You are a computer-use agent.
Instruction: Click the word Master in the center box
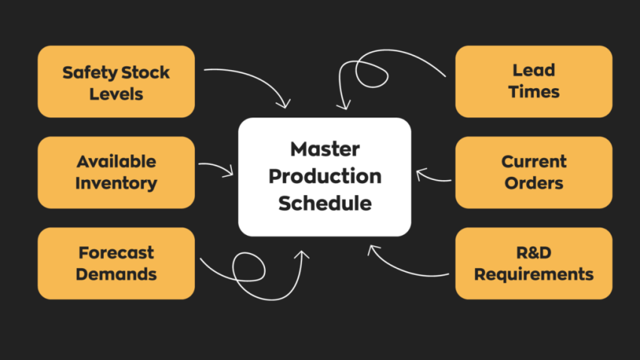tap(325, 148)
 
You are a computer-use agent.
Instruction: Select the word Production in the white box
tap(325, 176)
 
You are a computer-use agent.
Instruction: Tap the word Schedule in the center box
tap(325, 203)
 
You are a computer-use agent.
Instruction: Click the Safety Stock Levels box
tap(116, 82)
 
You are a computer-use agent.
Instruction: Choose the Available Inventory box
tap(116, 172)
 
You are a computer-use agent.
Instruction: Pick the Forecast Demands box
tap(116, 263)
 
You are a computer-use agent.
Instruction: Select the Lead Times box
tap(533, 81)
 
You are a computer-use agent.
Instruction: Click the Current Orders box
tap(533, 172)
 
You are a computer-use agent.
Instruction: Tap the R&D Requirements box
tap(533, 263)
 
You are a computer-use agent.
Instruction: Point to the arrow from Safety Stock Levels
tap(256, 79)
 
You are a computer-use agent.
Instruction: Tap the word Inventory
tap(116, 183)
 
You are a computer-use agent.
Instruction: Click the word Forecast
tap(116, 252)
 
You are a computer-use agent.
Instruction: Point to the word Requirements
tap(533, 274)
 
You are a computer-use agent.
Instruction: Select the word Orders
tap(533, 183)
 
